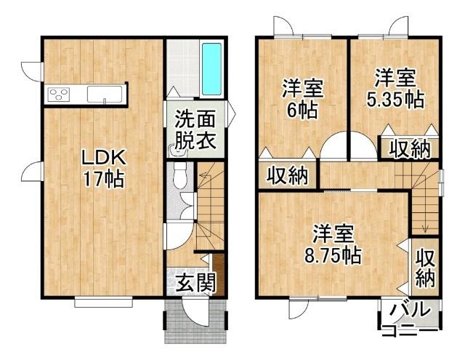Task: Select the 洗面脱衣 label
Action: [195, 129]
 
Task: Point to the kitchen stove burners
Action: [58, 94]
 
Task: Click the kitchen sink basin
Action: [106, 94]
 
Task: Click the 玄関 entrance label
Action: [195, 281]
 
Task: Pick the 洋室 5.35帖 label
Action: [395, 87]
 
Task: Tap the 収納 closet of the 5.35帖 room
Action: [409, 148]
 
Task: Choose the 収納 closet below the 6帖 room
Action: [287, 175]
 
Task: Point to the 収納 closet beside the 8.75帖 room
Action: [425, 267]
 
